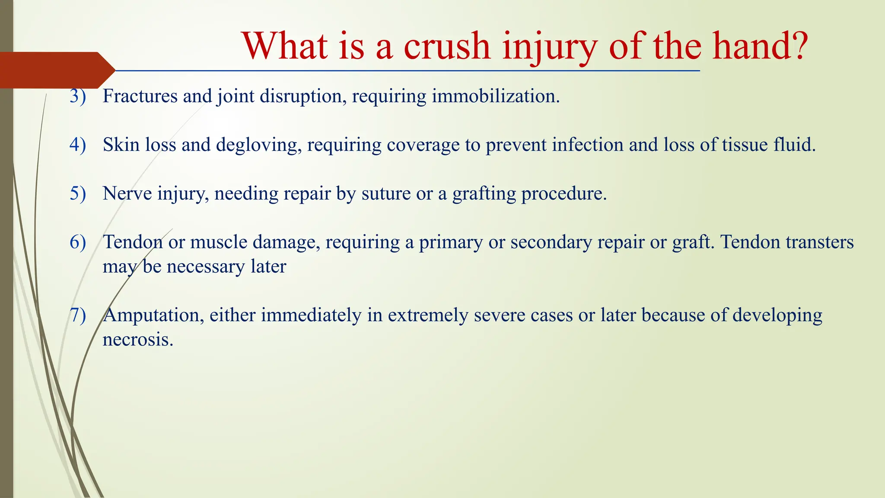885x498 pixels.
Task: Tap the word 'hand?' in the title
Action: tap(760, 46)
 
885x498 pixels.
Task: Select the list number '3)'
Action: tap(78, 96)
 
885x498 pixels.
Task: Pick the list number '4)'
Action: tap(78, 145)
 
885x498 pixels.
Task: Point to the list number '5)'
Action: tap(78, 193)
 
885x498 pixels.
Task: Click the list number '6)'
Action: tap(78, 242)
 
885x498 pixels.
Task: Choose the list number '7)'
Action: tap(78, 315)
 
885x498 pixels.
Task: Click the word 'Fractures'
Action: tap(140, 96)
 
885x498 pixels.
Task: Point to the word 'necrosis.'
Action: tap(138, 340)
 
